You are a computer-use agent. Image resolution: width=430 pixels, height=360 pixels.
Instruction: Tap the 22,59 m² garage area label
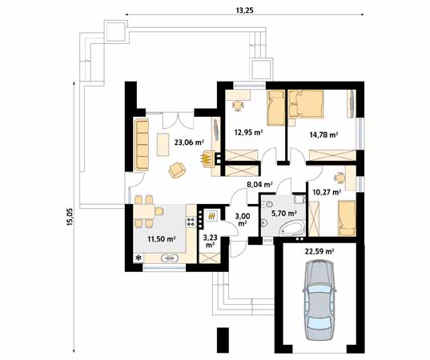pos(319,251)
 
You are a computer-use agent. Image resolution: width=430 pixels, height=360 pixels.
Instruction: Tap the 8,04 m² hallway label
pos(259,184)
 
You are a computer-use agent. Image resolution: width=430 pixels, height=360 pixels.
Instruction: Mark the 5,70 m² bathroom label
pos(285,214)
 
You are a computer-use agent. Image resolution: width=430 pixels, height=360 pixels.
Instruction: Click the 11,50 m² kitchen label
pos(161,238)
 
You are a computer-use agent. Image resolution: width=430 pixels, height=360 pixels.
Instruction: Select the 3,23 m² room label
pos(210,239)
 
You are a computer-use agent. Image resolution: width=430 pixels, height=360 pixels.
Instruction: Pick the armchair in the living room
pos(177,169)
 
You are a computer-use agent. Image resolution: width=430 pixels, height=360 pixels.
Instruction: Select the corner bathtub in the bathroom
pos(291,230)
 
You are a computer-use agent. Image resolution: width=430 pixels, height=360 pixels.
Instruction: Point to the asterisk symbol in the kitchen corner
pos(139,258)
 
